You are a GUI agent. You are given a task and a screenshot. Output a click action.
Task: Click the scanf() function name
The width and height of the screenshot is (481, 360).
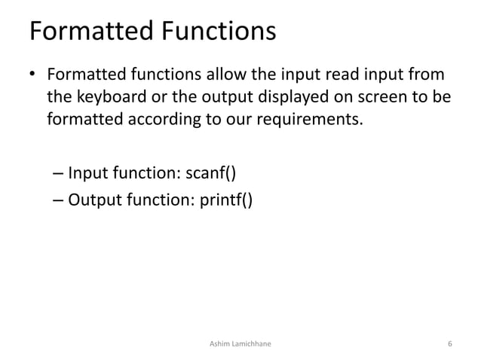(210, 175)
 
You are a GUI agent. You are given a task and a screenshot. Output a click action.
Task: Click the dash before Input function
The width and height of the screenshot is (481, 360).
(58, 176)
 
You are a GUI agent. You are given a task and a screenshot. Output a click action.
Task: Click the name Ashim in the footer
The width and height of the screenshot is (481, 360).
(218, 344)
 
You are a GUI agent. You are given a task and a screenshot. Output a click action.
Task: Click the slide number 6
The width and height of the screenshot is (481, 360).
(449, 344)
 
